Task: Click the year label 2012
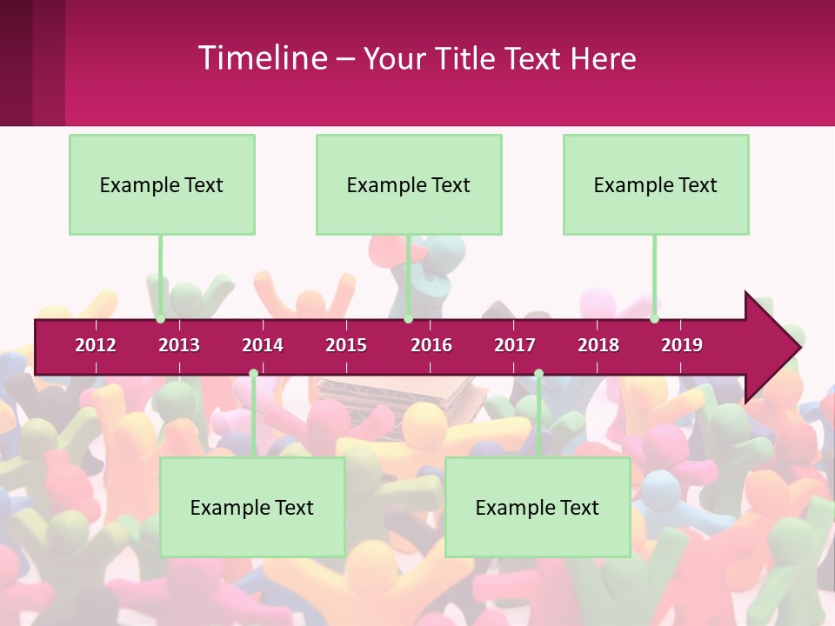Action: pos(96,345)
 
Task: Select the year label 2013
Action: pos(179,345)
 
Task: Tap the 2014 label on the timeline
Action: pos(263,345)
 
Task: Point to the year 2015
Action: pos(346,345)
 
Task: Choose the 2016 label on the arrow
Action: pos(431,345)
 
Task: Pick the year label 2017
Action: pos(515,345)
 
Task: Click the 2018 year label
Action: pos(598,345)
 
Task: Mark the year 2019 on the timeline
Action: pos(682,345)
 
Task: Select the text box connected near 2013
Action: pos(162,184)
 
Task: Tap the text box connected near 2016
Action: pos(409,184)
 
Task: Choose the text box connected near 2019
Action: pos(656,184)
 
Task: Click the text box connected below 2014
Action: pos(252,507)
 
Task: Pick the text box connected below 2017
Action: pos(538,507)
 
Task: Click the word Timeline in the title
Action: pos(262,58)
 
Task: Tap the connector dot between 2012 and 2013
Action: pos(161,319)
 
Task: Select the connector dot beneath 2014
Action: pos(253,374)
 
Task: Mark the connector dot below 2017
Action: pos(538,374)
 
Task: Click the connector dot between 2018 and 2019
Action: pos(655,319)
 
